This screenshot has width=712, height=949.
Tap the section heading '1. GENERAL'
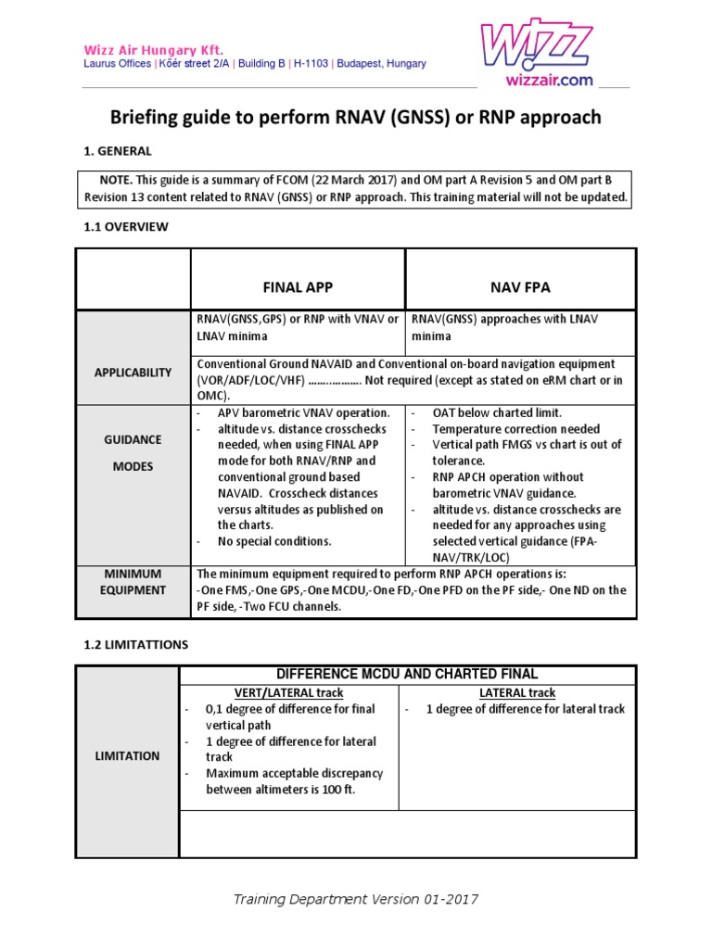(118, 151)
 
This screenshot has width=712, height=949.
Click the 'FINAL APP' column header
(298, 287)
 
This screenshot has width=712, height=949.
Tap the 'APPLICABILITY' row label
(133, 373)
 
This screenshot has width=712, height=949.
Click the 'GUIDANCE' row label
(133, 440)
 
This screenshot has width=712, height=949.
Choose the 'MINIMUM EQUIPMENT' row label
(133, 582)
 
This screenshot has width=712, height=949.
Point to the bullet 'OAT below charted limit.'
(497, 412)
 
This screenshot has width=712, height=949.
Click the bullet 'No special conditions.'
(274, 541)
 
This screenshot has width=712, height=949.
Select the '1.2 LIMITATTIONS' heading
(136, 643)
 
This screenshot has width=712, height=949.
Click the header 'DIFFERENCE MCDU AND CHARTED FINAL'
(407, 674)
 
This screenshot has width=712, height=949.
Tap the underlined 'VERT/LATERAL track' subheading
(288, 692)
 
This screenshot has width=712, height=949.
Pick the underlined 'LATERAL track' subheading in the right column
(517, 692)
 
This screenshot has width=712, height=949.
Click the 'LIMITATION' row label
(128, 756)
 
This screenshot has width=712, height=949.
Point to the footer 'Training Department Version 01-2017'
(355, 899)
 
